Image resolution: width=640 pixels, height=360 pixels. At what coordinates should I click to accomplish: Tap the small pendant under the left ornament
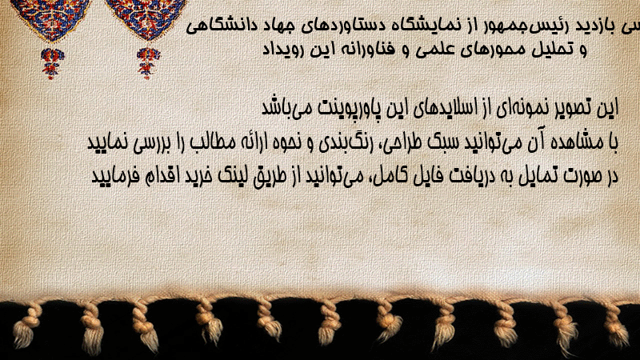pos(52,63)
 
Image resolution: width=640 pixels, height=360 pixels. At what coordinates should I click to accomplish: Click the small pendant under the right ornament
pos(148,63)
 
